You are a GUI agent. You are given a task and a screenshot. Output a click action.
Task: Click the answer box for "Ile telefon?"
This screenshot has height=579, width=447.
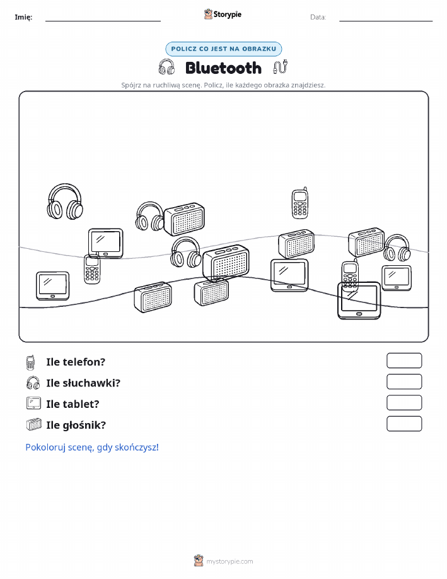(404, 361)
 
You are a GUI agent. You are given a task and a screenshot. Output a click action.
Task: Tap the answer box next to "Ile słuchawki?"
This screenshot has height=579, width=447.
(404, 381)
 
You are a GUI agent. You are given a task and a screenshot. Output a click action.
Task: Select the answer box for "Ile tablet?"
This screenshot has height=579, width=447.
(404, 402)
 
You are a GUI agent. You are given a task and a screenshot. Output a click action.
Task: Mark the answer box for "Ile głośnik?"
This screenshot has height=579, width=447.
(404, 424)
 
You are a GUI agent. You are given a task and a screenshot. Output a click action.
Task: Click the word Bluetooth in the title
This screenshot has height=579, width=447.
(223, 68)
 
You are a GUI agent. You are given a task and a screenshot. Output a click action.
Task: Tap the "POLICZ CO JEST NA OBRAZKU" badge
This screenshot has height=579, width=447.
(223, 49)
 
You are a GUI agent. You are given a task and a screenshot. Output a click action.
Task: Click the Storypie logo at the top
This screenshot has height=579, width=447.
(223, 15)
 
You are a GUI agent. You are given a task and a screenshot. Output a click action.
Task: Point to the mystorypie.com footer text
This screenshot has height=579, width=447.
(229, 561)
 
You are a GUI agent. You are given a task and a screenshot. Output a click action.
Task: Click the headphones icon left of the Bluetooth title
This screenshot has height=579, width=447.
(166, 67)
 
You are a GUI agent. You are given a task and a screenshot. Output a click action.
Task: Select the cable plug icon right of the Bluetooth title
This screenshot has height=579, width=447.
(281, 67)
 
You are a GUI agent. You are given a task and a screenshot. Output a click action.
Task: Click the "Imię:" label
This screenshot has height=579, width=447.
(23, 17)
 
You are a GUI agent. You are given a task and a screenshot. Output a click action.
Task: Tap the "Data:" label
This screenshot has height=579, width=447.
(318, 17)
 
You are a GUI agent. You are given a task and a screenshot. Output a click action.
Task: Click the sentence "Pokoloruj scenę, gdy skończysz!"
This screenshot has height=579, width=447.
(92, 447)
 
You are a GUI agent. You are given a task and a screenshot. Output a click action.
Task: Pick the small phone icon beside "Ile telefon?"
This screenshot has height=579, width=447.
(31, 362)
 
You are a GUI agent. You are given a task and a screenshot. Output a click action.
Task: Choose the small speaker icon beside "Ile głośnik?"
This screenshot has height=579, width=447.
(34, 425)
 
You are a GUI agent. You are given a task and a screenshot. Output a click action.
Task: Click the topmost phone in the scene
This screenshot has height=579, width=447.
(300, 203)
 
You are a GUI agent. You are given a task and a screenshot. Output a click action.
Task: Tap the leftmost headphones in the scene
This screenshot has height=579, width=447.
(65, 201)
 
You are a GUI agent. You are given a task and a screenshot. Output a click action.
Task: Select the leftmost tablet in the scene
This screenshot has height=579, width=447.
(53, 286)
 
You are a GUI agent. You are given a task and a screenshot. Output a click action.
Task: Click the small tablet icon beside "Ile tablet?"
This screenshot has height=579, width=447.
(33, 403)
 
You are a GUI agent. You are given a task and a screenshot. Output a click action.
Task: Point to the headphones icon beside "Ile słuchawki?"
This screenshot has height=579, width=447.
(33, 383)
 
